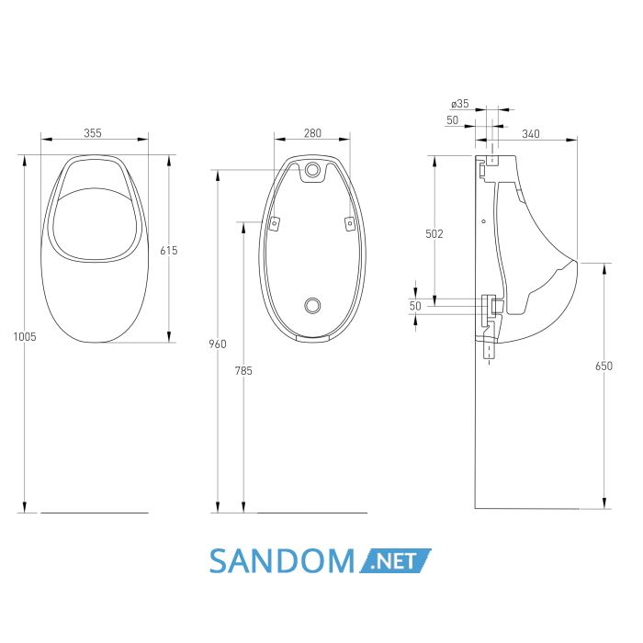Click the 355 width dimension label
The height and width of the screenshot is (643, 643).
(93, 133)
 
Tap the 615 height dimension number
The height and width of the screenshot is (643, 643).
(169, 250)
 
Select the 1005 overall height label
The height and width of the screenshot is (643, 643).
(25, 337)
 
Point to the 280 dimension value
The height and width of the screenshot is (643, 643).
(313, 133)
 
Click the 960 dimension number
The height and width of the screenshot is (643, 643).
(218, 344)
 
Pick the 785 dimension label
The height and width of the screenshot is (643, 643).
(243, 371)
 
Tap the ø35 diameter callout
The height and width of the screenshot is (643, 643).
(459, 104)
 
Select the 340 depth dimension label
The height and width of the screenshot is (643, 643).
(531, 134)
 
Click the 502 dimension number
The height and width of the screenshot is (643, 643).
(434, 233)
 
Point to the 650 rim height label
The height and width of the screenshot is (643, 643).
(604, 366)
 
